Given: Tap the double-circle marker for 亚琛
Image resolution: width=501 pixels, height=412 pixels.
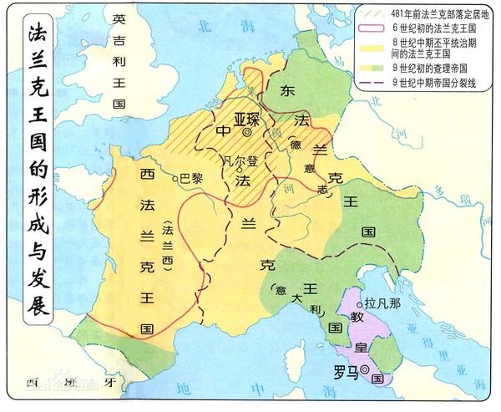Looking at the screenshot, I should click(x=247, y=132).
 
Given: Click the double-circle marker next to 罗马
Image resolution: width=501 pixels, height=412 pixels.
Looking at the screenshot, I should click(x=365, y=370).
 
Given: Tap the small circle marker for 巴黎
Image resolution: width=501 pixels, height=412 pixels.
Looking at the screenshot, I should click(x=176, y=179).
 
